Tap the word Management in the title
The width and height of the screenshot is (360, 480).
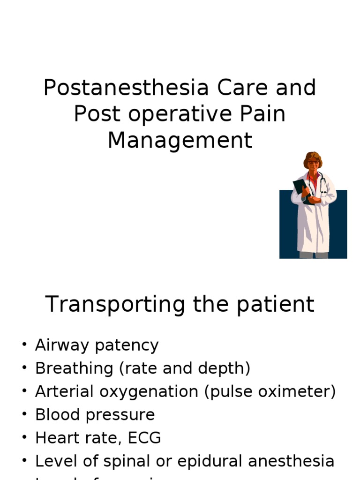click(180, 141)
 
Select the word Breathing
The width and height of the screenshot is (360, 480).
click(74, 368)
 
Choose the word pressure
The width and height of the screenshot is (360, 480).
click(125, 415)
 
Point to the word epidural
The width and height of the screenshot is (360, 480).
click(213, 461)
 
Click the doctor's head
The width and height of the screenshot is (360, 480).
click(313, 161)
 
